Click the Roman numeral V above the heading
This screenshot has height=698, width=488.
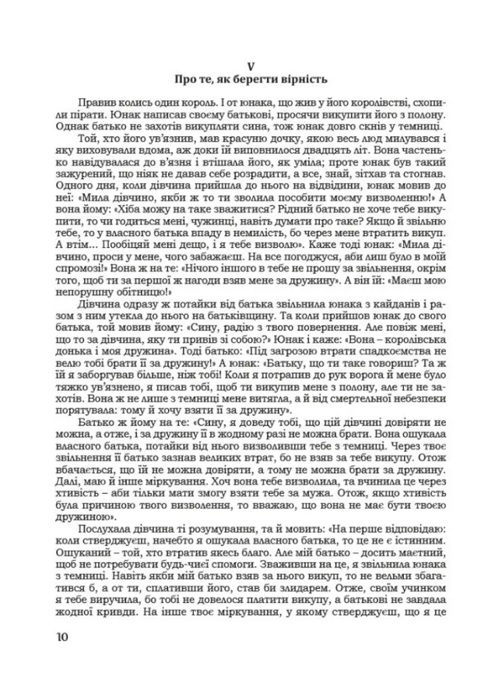(244, 65)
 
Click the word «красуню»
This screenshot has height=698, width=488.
(214, 137)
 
